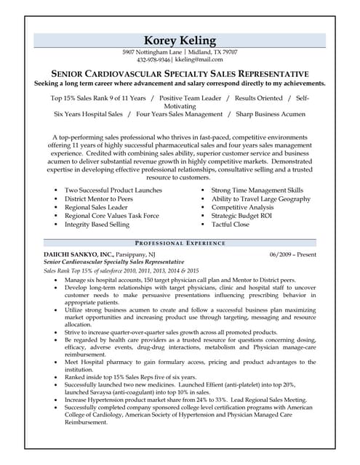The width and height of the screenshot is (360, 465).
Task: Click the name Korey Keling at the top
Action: (180, 40)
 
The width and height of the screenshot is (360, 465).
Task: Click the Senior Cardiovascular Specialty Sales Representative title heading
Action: (180, 74)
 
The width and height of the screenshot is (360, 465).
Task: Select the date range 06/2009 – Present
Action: (292, 254)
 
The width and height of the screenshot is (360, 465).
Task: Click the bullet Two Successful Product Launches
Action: (113, 190)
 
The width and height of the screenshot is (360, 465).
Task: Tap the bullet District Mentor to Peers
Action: (98, 199)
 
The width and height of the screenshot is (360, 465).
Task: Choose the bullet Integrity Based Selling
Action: (97, 225)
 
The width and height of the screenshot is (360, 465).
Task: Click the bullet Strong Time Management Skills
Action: (257, 190)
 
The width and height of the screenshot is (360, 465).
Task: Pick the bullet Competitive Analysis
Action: (242, 207)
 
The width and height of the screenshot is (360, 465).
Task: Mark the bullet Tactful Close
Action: (230, 225)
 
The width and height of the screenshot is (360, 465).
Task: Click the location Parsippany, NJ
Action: (136, 254)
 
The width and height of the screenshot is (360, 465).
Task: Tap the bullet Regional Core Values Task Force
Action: (111, 216)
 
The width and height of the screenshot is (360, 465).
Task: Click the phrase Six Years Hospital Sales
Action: (88, 114)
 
